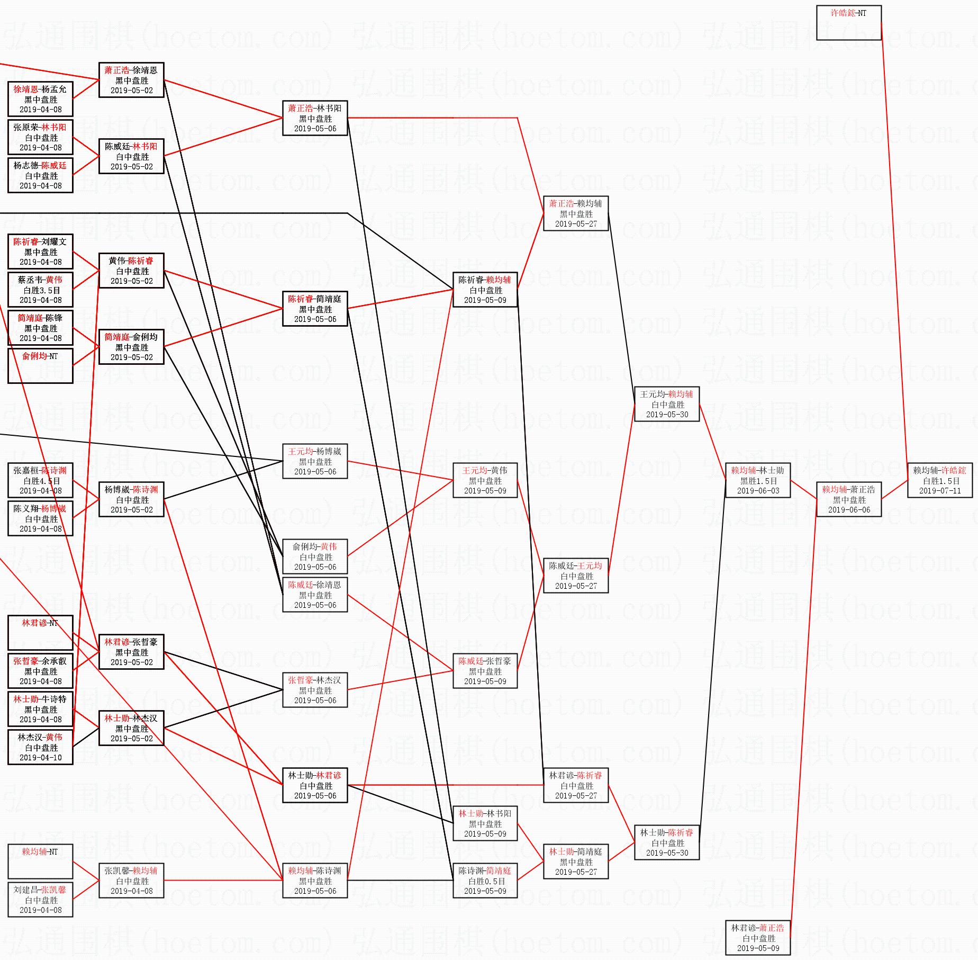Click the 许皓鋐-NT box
tap(848, 23)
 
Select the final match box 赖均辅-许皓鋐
tap(939, 480)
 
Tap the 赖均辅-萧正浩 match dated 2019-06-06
tap(848, 499)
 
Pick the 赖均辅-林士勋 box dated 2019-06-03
tap(757, 480)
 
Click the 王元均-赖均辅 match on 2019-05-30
tap(666, 404)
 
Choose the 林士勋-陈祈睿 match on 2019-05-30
tap(666, 842)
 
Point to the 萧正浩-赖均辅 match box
tap(575, 213)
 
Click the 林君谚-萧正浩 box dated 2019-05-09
tap(757, 938)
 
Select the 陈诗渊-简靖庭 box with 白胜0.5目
tap(485, 881)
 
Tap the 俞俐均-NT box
tap(40, 366)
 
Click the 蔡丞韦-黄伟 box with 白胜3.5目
tap(40, 290)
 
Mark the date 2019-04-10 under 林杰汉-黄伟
tap(40, 758)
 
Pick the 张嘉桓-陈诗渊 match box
tap(40, 480)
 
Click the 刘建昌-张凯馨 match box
tap(40, 900)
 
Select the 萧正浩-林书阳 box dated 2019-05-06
tap(315, 118)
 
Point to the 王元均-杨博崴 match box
tap(315, 461)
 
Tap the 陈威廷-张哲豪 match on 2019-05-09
tap(485, 671)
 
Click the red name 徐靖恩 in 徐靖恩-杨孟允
tap(25, 89)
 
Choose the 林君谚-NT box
tap(40, 633)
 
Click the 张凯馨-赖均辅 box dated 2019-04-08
tap(131, 881)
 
